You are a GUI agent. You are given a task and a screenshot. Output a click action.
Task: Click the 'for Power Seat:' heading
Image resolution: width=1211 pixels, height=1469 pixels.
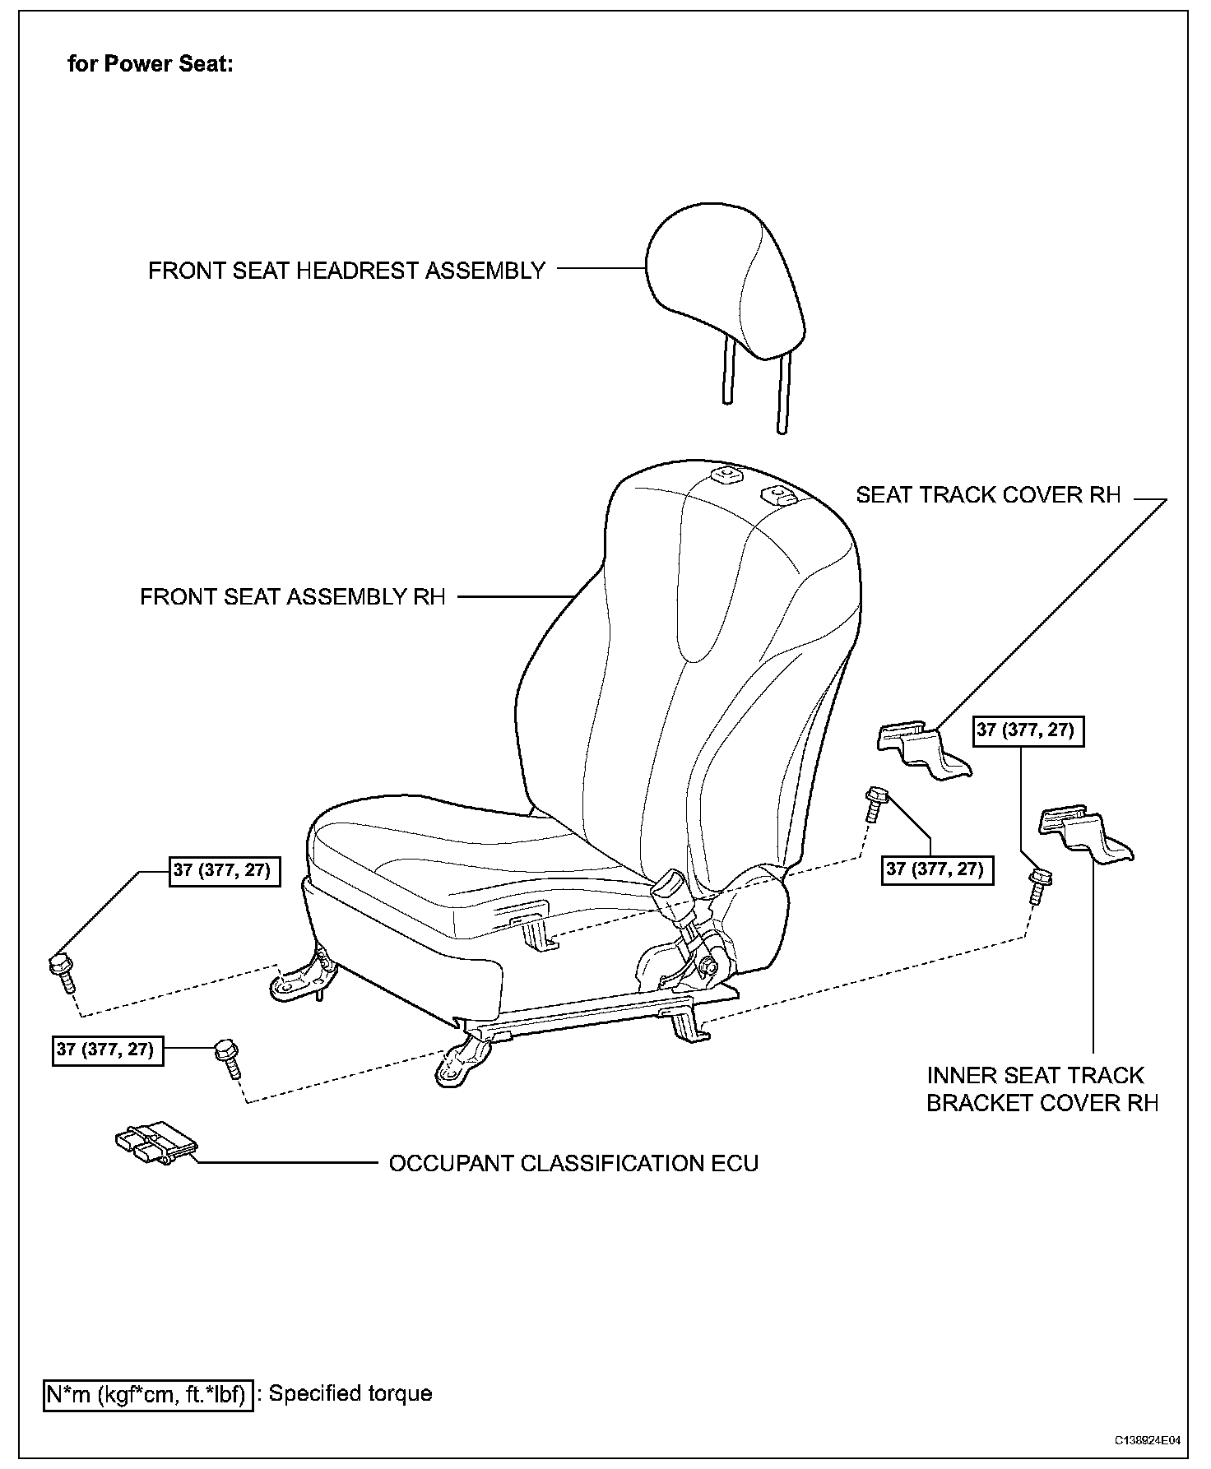(151, 64)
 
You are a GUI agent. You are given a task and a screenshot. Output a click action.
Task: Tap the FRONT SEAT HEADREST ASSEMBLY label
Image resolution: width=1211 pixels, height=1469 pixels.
(346, 271)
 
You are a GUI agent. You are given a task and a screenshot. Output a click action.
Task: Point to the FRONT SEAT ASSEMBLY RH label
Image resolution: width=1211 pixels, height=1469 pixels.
(292, 596)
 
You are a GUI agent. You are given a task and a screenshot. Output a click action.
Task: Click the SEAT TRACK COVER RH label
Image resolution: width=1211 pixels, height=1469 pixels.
(988, 494)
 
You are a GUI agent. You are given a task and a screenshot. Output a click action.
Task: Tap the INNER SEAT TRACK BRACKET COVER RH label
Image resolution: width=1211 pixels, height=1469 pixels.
(1042, 1089)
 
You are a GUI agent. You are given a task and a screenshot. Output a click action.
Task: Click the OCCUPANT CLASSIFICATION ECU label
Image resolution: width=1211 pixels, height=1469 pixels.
(573, 1163)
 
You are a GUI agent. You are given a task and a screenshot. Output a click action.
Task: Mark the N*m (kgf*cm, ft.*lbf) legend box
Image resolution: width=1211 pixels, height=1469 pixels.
(148, 1394)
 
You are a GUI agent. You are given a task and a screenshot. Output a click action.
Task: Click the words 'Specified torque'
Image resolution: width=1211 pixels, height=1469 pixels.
(350, 1393)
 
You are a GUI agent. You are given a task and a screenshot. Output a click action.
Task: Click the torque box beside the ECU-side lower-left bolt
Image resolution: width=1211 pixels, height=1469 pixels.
(108, 1050)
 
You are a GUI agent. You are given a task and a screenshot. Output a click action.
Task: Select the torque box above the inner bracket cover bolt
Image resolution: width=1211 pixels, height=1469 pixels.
(1028, 730)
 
